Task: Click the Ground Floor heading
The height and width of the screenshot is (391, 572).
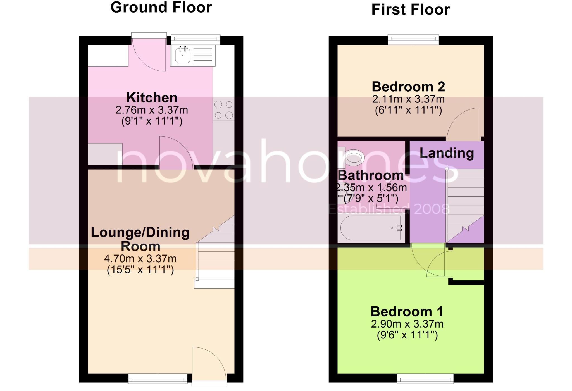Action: pos(161,8)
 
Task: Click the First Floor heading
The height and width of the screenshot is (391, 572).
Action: pos(410,10)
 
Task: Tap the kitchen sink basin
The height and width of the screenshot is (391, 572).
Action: pos(183,55)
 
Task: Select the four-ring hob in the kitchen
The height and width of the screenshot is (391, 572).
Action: pos(223,110)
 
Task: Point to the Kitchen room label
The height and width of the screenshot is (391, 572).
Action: pos(152,98)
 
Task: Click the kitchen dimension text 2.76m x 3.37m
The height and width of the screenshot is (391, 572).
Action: pos(152,110)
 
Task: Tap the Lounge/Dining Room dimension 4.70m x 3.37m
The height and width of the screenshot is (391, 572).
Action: pos(140,259)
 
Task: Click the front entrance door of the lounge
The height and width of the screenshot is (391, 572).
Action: pos(208,363)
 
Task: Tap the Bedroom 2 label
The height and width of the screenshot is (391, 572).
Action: pos(408,87)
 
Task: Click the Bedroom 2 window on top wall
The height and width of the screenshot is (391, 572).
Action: pos(413,39)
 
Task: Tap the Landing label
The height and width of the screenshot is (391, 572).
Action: pos(447,153)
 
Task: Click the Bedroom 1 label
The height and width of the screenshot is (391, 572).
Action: pos(407,312)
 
